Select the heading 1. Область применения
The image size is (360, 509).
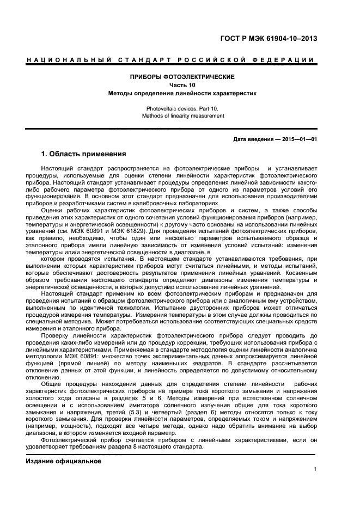pyautogui.click(x=84, y=154)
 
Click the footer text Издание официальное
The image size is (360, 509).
pyautogui.click(x=64, y=462)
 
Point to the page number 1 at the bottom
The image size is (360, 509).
pyautogui.click(x=315, y=470)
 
